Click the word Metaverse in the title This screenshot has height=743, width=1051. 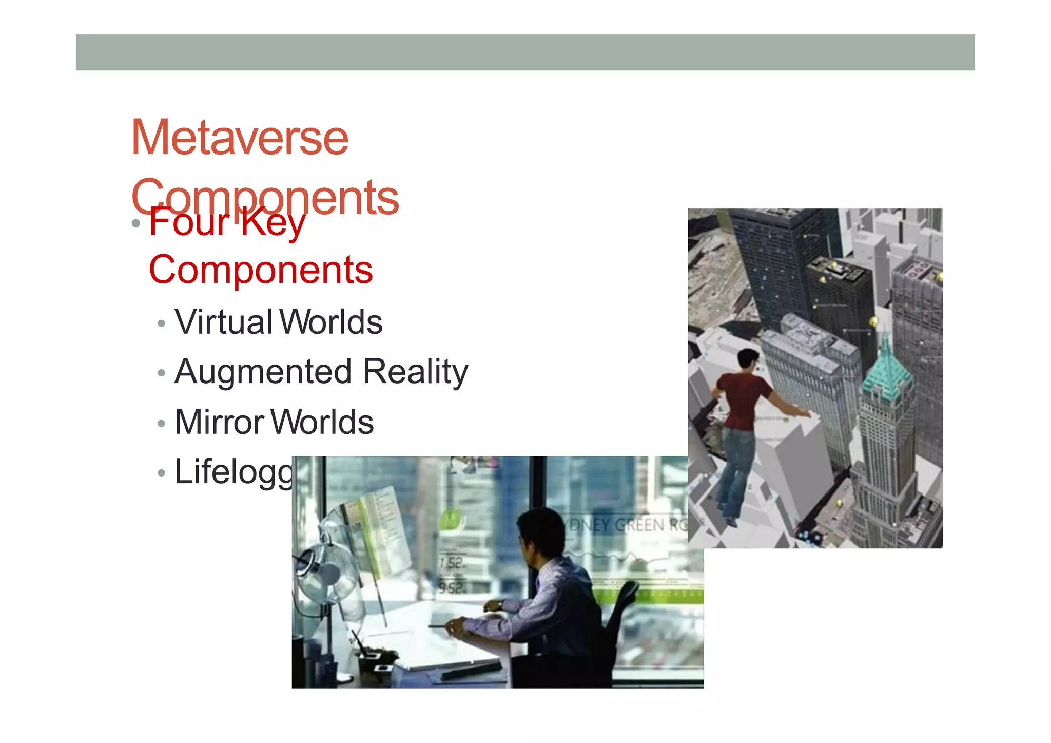coord(240,138)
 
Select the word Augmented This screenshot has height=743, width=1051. coord(263,372)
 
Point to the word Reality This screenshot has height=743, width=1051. coord(415,372)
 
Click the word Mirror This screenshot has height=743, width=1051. coord(219,422)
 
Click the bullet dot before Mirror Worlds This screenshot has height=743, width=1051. coord(162,424)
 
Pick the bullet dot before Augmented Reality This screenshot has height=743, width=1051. coord(162,373)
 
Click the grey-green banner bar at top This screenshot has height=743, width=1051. coord(525,52)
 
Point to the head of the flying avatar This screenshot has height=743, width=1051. coord(748,359)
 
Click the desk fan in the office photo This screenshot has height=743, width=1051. coord(323,573)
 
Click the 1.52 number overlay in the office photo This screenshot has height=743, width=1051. coord(451,563)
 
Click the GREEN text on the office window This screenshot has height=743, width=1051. coord(639,525)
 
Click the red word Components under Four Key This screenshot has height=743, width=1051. coord(261,270)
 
